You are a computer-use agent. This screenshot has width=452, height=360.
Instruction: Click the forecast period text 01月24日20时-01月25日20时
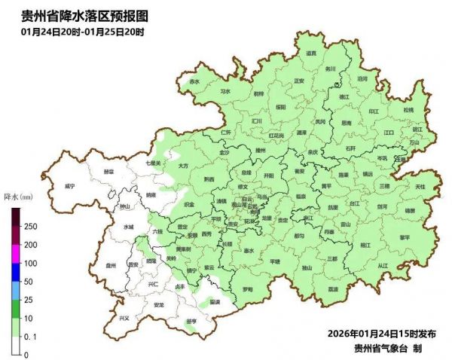pos(83,32)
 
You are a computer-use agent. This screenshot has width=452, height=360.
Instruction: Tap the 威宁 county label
pos(70,185)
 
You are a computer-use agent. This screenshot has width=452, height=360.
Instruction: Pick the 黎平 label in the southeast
pos(405,236)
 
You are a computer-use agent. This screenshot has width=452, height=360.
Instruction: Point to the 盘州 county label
pos(111,265)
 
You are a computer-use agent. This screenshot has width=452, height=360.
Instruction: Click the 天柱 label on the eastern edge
pos(420,186)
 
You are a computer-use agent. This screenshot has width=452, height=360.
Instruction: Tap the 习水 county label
pos(225,91)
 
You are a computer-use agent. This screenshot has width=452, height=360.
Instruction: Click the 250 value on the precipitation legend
pos(31,227)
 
